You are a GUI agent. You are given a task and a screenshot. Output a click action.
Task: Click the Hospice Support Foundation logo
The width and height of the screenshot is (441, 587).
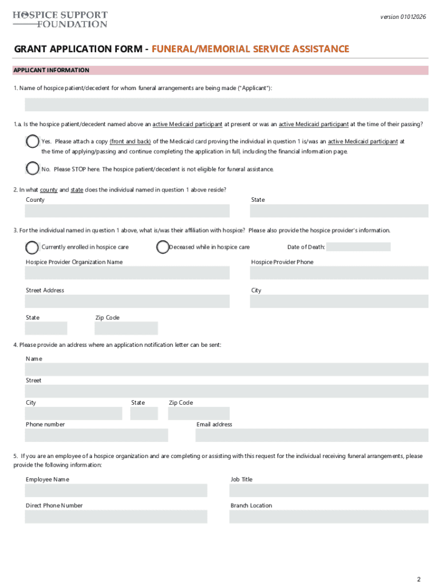coord(60,19)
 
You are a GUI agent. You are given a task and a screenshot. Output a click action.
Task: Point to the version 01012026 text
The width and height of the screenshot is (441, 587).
coord(403,17)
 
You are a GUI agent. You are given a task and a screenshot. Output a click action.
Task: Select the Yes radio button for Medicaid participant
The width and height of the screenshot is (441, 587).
coord(33,142)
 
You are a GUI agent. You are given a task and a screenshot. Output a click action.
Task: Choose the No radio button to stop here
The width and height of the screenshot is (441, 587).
coord(33,169)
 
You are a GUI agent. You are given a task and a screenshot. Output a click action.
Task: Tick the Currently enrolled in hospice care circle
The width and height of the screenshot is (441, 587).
coord(33,247)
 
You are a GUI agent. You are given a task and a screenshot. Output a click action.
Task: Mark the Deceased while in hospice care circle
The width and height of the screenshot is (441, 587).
coord(163,247)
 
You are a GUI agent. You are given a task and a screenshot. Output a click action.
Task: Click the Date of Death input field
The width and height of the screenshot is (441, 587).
coord(358,247)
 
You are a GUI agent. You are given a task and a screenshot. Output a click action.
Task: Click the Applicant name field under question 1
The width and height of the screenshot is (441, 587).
coord(226,104)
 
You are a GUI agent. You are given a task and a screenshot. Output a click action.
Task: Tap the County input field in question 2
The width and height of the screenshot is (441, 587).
coord(127,210)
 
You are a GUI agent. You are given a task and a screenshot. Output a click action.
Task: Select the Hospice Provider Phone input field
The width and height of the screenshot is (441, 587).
coord(339,273)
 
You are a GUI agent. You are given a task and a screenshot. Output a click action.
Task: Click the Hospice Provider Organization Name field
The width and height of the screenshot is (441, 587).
coord(127,273)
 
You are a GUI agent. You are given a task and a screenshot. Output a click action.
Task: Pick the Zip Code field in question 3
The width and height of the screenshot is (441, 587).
coord(126,328)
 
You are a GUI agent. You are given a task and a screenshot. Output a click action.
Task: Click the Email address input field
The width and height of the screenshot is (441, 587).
coord(312,435)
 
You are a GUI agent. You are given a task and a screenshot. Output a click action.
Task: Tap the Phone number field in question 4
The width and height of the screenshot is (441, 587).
coord(96,435)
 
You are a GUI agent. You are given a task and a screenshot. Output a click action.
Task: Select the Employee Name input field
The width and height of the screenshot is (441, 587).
coord(116,491)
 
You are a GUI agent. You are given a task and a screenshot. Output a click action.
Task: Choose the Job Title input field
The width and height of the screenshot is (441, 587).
coord(328,491)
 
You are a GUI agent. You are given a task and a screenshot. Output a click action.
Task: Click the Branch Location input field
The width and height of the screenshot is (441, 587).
coord(328,516)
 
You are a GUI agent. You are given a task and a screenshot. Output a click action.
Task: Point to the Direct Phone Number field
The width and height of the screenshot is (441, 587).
coord(116,516)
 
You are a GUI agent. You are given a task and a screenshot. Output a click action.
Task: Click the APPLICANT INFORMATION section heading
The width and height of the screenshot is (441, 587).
coord(52,71)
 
